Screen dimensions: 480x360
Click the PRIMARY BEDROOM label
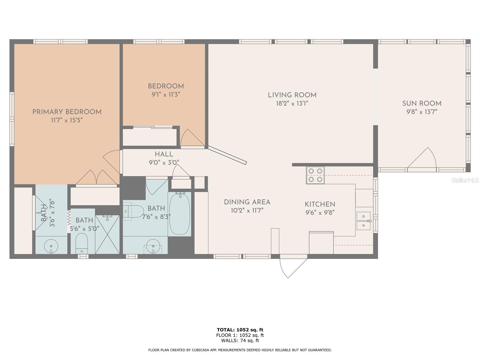click(x=67, y=112)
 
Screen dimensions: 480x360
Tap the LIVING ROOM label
click(x=292, y=95)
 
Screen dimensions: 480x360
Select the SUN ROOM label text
click(x=422, y=103)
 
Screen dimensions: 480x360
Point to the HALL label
click(x=164, y=154)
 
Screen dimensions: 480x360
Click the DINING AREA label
click(x=247, y=202)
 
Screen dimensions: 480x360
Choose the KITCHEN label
click(x=320, y=204)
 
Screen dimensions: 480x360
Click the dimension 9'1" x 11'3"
click(x=166, y=94)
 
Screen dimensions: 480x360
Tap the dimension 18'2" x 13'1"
click(x=292, y=103)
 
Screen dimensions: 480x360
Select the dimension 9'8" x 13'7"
click(x=422, y=112)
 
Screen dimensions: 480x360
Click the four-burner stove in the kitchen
click(x=315, y=175)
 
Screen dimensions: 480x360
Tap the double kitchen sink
click(x=364, y=221)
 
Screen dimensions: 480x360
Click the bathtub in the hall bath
click(x=179, y=214)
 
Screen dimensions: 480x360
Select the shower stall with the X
click(x=107, y=235)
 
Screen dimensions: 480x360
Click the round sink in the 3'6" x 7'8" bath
click(x=51, y=246)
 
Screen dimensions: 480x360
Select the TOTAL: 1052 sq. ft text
click(x=240, y=330)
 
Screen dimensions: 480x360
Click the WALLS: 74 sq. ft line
click(x=240, y=340)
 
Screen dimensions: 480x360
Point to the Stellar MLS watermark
click(x=465, y=180)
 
